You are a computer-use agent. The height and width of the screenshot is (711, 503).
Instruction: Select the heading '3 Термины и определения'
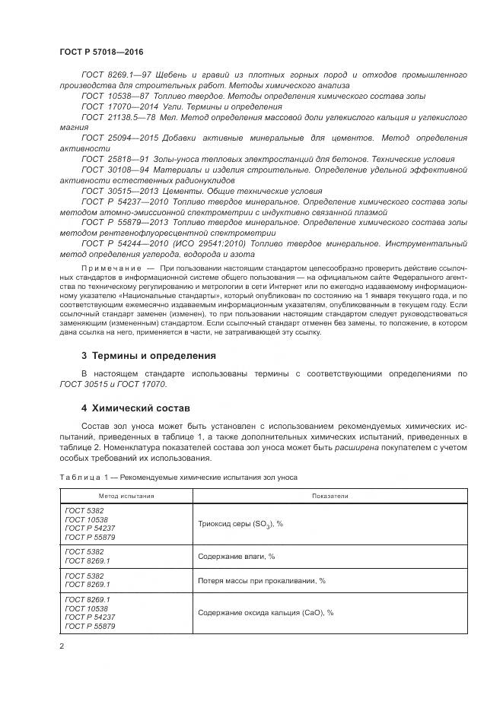(x=149, y=356)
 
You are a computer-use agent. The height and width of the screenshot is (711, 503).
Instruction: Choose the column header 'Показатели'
(x=329, y=495)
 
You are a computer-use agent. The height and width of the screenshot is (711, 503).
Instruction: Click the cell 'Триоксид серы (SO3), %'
(x=240, y=524)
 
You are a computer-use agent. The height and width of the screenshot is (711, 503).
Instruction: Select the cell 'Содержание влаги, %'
(x=236, y=557)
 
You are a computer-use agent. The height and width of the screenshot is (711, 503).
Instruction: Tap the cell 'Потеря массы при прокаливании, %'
(x=261, y=580)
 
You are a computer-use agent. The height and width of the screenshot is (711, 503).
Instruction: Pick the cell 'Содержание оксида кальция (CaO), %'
(x=266, y=613)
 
